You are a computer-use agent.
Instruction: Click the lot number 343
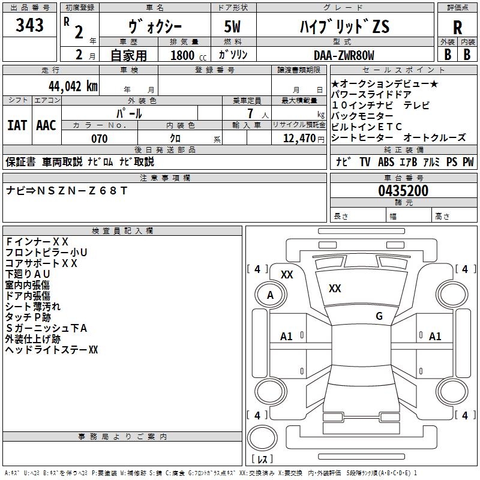[29, 25]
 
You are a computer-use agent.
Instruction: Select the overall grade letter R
[457, 28]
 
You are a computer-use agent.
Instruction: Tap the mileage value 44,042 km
[73, 86]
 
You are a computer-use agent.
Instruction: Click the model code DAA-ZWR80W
[344, 55]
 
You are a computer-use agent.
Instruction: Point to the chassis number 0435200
[403, 191]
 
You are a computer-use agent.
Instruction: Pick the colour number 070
[100, 139]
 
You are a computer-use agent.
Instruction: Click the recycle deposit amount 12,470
[299, 139]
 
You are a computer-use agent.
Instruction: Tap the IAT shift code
[17, 125]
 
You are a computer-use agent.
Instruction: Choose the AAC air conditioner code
[46, 125]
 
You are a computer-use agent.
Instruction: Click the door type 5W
[232, 26]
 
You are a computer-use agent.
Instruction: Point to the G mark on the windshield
[379, 316]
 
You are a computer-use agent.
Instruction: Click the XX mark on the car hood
[335, 289]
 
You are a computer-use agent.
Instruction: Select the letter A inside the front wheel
[270, 295]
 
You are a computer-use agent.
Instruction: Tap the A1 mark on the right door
[435, 337]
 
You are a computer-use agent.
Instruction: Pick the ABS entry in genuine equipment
[386, 162]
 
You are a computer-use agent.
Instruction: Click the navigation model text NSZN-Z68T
[82, 191]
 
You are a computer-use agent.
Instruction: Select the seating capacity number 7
[250, 113]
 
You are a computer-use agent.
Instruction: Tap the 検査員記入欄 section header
[122, 231]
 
